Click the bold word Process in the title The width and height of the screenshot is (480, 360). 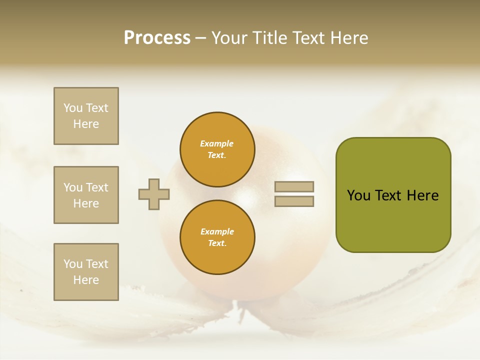coord(157,38)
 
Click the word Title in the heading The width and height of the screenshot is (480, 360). coord(268,38)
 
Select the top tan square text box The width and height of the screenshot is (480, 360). coord(86,116)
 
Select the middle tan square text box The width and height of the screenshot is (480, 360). coord(86,195)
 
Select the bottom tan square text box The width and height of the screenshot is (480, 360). coord(86,272)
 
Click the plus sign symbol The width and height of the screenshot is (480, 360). coord(154,194)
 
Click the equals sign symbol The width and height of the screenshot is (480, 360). coord(294,194)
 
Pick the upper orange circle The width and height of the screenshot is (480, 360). coord(217,149)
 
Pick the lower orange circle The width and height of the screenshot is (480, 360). coord(217,237)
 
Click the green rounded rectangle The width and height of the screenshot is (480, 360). coord(393,195)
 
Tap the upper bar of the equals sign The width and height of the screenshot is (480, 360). coord(294,187)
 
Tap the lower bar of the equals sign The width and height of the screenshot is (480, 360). coord(294,201)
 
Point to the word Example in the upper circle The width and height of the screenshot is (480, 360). coord(217,144)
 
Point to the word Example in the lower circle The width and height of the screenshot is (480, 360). coord(217,232)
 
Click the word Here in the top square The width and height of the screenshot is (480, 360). coord(86,124)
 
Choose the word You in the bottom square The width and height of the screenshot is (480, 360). coord(73,264)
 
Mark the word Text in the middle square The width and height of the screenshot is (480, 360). coord(97,187)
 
